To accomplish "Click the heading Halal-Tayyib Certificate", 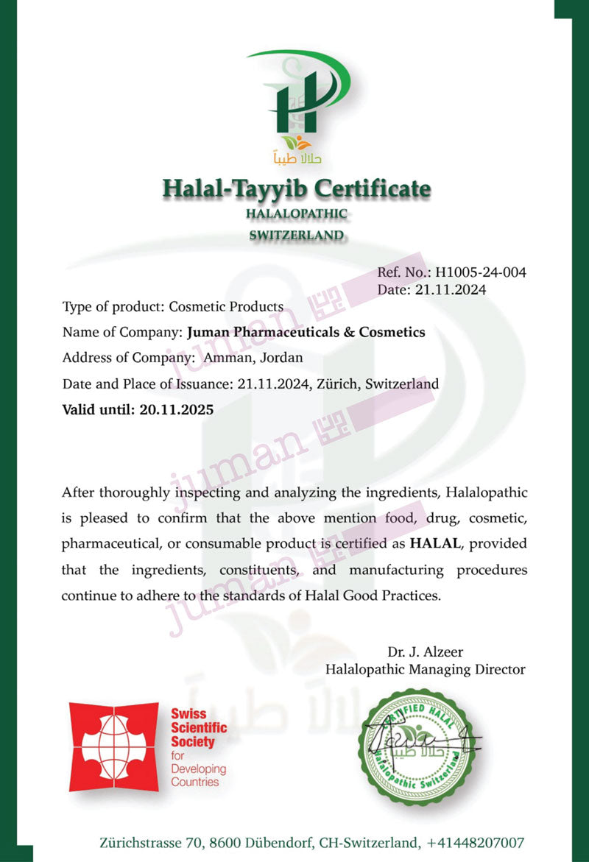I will coord(296,188).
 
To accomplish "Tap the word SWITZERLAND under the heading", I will coord(296,236).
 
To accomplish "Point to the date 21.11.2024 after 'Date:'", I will coord(451,290).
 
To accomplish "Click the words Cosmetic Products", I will coord(226,306).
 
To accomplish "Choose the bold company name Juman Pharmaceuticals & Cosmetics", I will coord(306,332).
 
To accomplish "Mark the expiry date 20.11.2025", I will coord(176,409).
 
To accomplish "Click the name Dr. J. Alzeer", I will coord(426,651).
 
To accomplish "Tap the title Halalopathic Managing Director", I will coord(426,669).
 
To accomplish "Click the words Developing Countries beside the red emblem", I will coord(197,775).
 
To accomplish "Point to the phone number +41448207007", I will coord(475,842).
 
